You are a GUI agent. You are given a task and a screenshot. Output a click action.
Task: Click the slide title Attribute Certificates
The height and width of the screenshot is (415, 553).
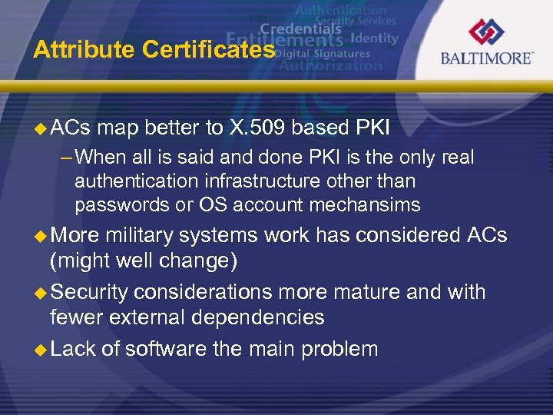(154, 50)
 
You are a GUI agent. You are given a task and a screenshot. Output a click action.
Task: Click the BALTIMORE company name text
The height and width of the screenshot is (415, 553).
(486, 58)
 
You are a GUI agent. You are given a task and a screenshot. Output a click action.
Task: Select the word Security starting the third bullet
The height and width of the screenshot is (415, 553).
(90, 292)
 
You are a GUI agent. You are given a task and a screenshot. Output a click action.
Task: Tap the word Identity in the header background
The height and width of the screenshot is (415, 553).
(374, 38)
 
